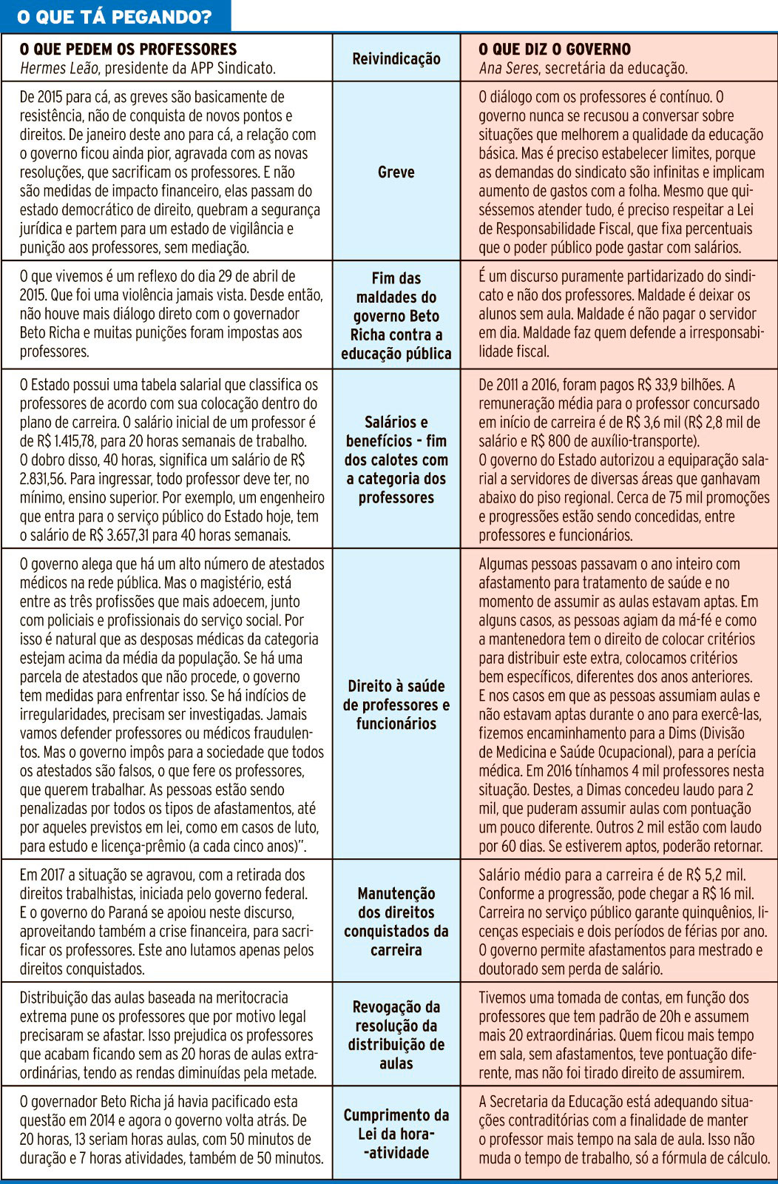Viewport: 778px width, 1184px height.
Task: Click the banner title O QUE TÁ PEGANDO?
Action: coord(115,16)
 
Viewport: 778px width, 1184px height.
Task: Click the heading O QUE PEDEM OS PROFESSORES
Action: coord(128,50)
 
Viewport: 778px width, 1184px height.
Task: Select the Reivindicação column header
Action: coord(396,58)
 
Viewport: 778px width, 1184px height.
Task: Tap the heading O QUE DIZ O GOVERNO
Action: coord(555,50)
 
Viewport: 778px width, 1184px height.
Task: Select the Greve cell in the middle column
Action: coord(396,172)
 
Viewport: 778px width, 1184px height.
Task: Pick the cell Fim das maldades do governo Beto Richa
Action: coord(396,316)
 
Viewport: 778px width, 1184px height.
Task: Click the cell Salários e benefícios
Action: coord(396,460)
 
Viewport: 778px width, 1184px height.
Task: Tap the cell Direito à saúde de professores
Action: coord(396,704)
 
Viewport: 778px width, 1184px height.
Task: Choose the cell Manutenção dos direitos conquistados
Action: coord(396,921)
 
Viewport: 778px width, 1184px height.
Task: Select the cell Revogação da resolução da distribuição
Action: coord(396,1035)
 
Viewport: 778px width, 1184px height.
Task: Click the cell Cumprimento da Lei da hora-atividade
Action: coord(396,1133)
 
